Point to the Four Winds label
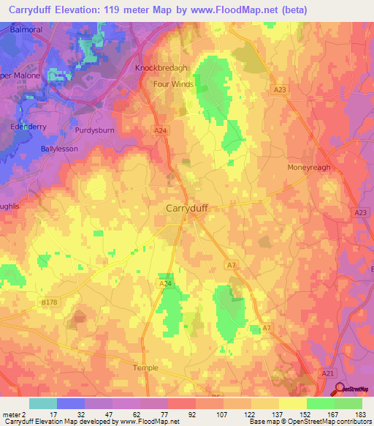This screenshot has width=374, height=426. [x=174, y=84]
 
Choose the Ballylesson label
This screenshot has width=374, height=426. [x=60, y=148]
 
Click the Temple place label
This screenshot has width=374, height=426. [x=145, y=367]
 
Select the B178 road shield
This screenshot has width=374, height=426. [x=49, y=301]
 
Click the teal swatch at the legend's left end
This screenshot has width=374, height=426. [x=42, y=403]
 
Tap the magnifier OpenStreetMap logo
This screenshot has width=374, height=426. [x=340, y=389]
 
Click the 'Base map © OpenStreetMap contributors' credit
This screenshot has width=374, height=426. [x=308, y=422]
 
